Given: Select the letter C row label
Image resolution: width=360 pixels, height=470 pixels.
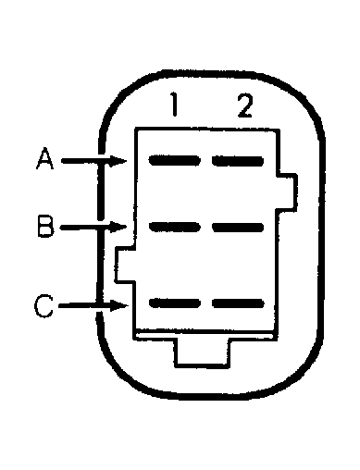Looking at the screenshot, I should [43, 306].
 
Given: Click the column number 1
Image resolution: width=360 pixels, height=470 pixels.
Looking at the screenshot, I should [174, 106].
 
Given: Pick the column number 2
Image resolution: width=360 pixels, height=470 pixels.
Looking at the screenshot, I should [243, 106].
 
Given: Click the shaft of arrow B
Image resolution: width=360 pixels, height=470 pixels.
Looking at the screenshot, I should [85, 227].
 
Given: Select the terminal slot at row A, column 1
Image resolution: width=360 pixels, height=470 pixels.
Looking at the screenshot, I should [175, 160].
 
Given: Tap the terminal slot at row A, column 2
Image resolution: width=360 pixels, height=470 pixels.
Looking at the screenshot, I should [238, 160].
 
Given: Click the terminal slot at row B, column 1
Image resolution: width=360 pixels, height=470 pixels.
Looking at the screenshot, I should [175, 227].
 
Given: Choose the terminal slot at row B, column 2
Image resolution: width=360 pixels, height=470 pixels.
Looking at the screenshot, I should [238, 227].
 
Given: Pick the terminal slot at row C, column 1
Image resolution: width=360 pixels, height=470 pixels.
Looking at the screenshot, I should [175, 303].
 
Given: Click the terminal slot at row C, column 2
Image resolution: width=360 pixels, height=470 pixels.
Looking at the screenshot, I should [238, 303].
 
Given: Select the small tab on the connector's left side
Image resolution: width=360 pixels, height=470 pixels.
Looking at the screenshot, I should [123, 265].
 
